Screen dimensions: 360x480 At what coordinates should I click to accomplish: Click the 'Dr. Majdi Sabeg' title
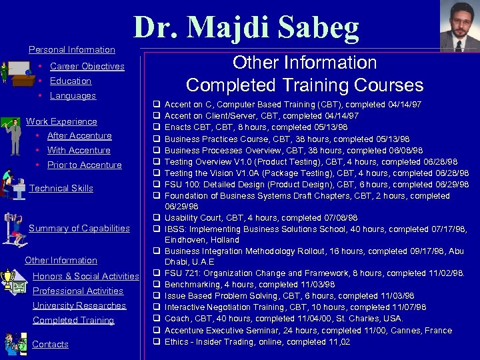click(x=247, y=27)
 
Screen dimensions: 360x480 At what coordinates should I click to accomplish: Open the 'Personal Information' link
click(x=72, y=49)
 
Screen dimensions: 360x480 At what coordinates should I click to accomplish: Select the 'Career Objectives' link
click(x=87, y=66)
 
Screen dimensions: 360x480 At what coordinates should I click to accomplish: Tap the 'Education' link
click(x=71, y=81)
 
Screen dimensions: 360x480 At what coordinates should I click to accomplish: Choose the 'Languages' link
click(x=73, y=95)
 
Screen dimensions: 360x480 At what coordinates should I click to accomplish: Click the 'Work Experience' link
click(x=61, y=121)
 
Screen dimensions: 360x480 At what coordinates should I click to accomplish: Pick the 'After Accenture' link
click(x=79, y=135)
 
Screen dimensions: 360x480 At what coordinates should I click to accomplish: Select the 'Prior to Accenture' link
click(x=85, y=165)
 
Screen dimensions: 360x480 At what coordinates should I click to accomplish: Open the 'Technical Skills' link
click(x=61, y=188)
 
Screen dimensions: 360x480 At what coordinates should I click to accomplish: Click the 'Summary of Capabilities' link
click(x=79, y=228)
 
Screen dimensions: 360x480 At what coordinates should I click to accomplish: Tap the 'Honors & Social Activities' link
click(x=85, y=276)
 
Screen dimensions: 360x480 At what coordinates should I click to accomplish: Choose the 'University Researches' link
click(x=79, y=305)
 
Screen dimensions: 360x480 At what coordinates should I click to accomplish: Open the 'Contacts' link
click(x=51, y=344)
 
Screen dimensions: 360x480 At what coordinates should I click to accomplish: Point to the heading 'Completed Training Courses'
click(x=305, y=85)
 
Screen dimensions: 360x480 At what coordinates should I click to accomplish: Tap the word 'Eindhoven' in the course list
click(x=185, y=240)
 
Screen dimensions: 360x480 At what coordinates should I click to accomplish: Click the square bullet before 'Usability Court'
click(x=155, y=218)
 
